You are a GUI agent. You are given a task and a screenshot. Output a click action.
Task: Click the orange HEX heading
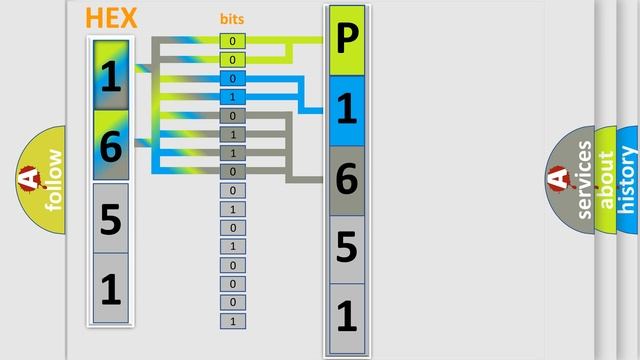coord(112,18)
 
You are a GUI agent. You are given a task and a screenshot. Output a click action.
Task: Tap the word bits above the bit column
coord(232,19)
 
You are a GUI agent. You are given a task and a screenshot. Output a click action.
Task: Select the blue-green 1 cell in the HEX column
coord(111,75)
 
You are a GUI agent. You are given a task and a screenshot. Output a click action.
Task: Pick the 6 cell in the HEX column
coord(111,145)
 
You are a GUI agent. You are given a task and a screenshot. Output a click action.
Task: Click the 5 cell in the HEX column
coord(111,217)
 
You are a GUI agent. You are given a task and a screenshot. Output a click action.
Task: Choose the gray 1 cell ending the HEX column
coord(111,288)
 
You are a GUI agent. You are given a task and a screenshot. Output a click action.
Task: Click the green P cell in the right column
coord(346,41)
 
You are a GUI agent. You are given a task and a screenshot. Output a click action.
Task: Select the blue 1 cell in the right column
coord(346,110)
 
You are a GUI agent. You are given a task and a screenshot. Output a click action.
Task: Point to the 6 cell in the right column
coord(346,179)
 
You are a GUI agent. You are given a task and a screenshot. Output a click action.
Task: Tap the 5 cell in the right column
coord(346,247)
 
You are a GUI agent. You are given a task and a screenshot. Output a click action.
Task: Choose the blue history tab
coord(628,180)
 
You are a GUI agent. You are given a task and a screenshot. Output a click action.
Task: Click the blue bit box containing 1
coord(233,97)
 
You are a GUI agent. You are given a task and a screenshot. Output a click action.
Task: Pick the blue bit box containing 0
coord(233,78)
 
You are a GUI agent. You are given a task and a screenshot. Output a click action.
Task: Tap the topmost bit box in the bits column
coord(233,41)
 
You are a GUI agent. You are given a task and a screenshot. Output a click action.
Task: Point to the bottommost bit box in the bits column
coord(233,321)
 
